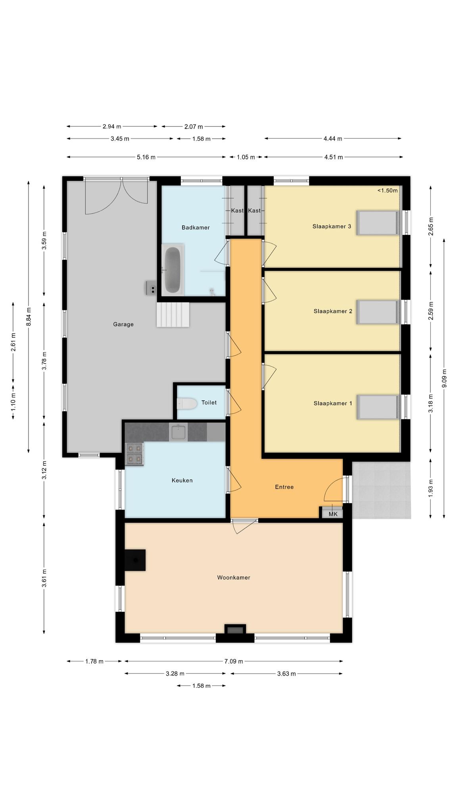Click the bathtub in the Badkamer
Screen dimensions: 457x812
point(173,269)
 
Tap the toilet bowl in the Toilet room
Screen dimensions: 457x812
point(187,404)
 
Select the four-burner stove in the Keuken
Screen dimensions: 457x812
point(134,454)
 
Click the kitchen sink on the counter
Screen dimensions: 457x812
point(179,432)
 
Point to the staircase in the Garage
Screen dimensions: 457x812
point(173,315)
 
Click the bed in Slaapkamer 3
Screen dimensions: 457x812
point(377,223)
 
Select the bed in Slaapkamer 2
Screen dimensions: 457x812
point(377,312)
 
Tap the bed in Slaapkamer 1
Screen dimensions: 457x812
point(377,407)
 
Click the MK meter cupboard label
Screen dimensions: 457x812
point(333,514)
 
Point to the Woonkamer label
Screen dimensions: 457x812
point(234,578)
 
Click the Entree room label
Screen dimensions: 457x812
point(284,487)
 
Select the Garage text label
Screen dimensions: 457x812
point(123,324)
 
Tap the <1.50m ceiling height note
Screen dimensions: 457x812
point(387,190)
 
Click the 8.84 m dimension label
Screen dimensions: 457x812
point(29,317)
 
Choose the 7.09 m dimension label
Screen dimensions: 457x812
point(234,661)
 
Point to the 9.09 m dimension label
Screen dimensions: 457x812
point(444,379)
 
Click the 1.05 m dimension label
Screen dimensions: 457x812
point(246,157)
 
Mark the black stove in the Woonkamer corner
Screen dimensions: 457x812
point(135,560)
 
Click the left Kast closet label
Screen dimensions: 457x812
point(237,211)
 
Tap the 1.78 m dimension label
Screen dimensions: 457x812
point(94,661)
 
